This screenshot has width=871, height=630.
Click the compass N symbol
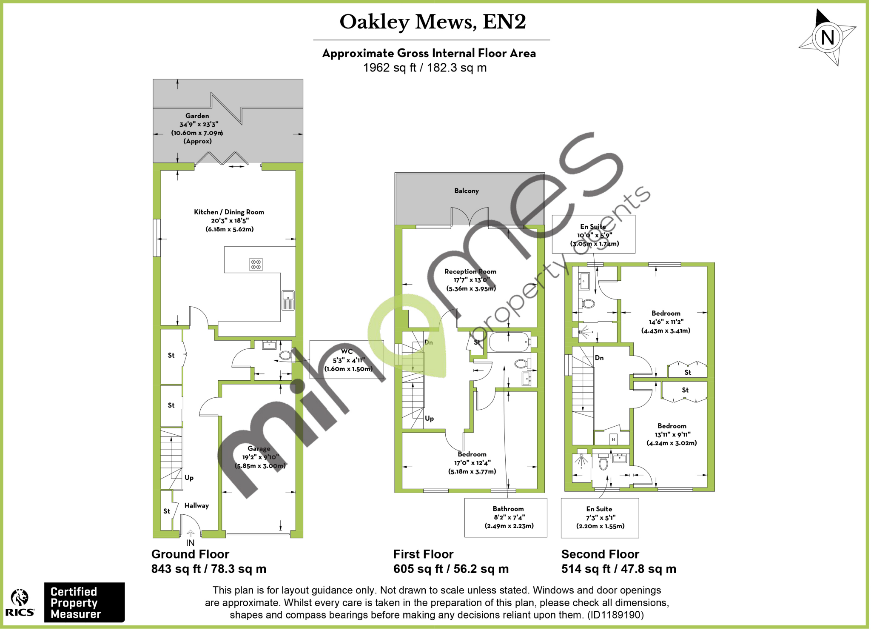(827, 37)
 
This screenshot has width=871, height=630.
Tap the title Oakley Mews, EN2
(433, 22)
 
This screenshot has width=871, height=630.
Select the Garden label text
(197, 116)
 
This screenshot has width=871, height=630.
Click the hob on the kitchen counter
(256, 264)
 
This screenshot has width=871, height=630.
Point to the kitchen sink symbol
(288, 299)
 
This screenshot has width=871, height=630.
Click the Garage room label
(259, 448)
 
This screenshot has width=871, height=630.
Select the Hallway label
(196, 505)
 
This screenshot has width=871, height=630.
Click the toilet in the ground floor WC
(285, 355)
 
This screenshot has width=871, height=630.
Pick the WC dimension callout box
(347, 359)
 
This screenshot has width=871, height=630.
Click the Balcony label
(466, 191)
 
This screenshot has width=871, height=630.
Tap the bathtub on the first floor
(509, 342)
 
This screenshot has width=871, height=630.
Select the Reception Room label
(470, 271)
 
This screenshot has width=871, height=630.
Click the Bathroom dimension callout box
(506, 517)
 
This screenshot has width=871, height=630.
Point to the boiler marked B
(613, 439)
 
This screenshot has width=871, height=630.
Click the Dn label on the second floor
(599, 358)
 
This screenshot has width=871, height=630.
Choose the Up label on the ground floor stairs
(189, 477)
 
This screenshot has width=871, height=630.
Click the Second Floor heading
(600, 554)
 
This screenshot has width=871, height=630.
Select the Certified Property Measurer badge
(84, 602)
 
